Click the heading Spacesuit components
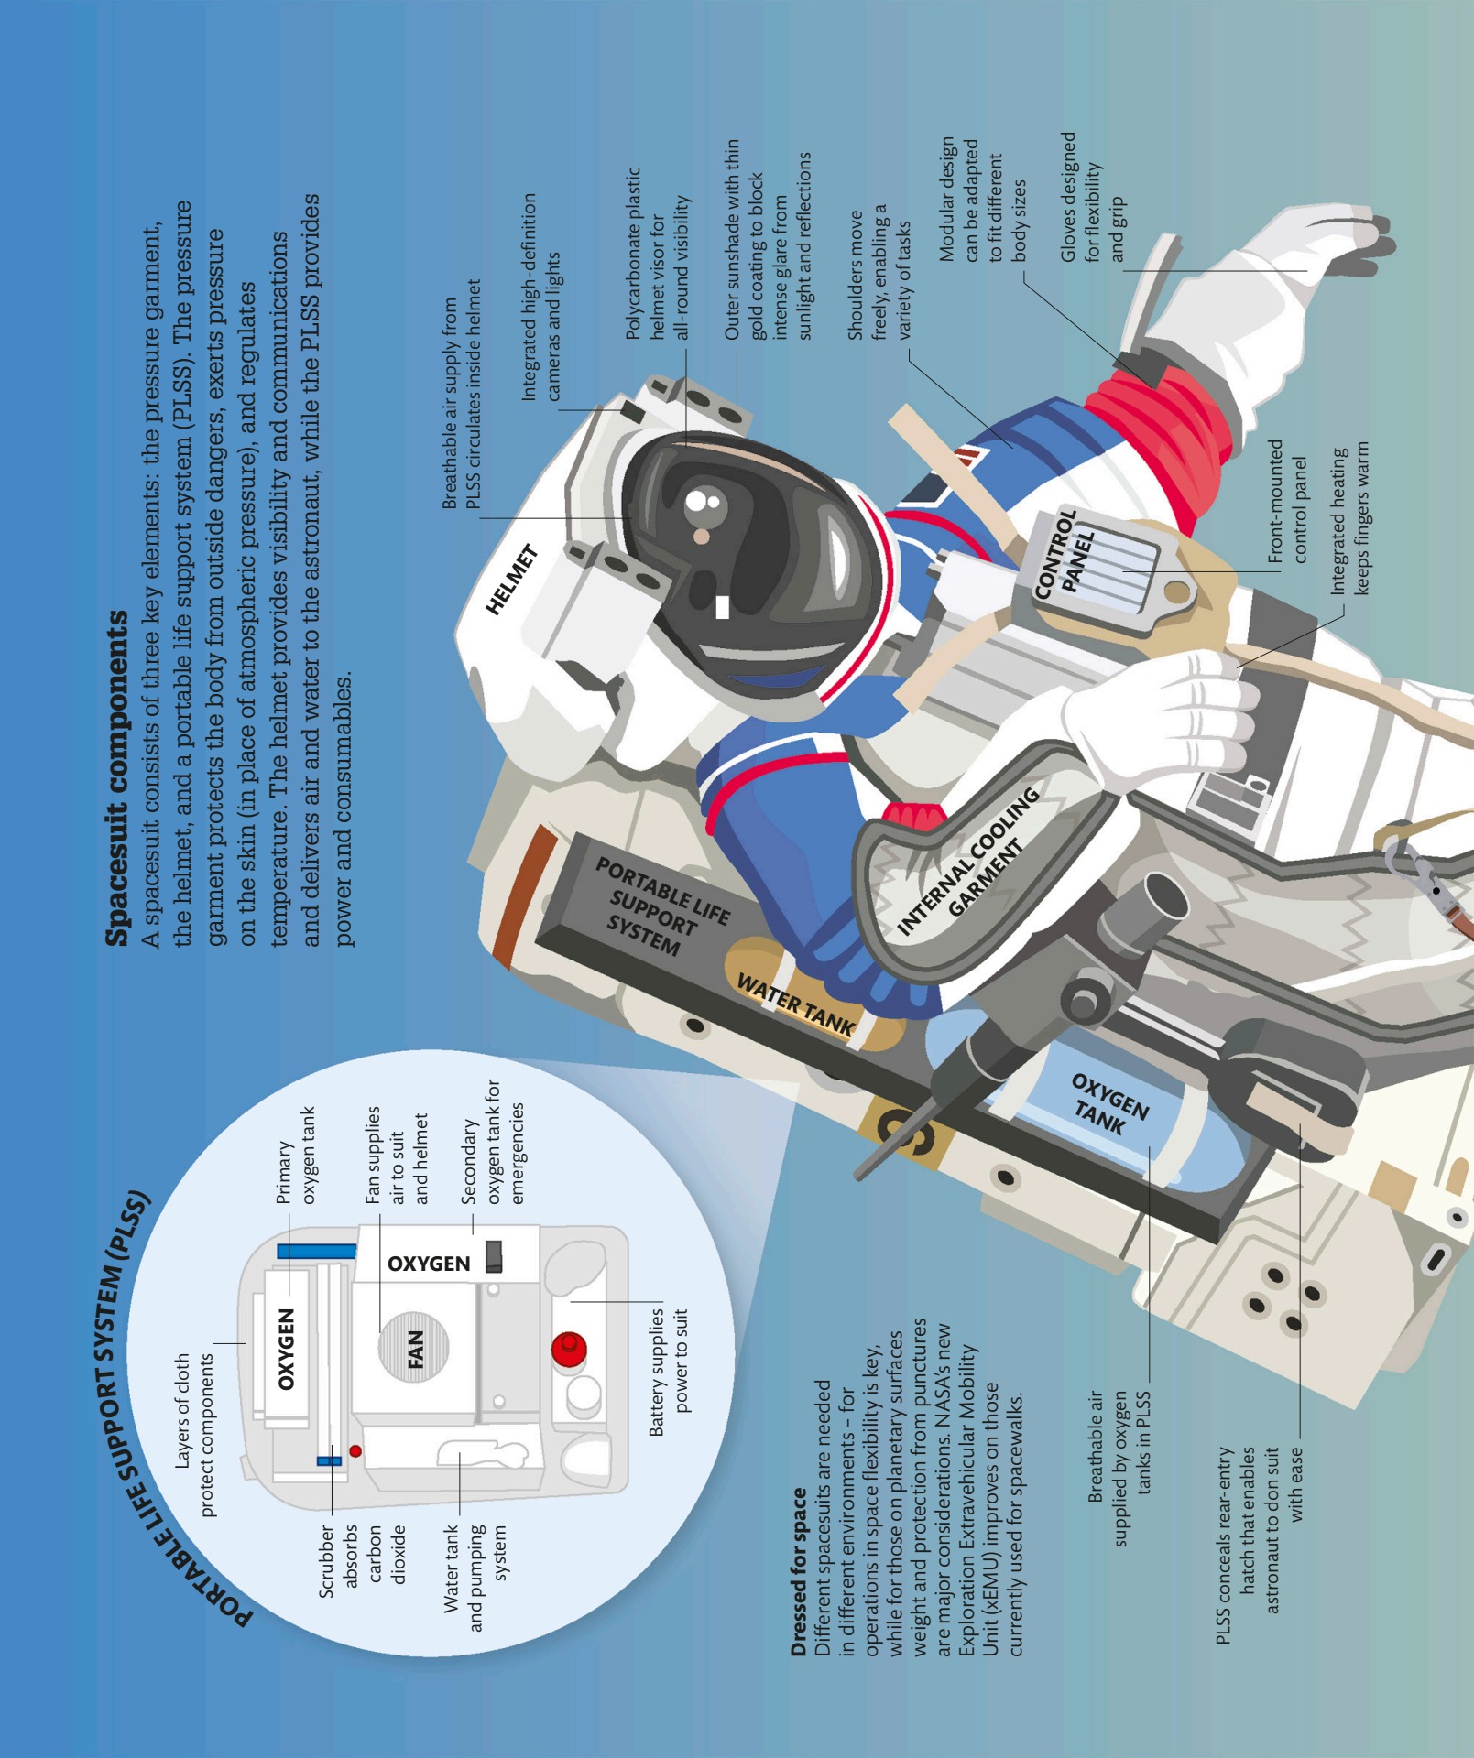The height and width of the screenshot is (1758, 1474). [x=117, y=778]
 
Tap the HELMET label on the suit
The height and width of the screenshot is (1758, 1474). [x=511, y=580]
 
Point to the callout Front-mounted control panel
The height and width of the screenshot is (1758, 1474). [x=1287, y=501]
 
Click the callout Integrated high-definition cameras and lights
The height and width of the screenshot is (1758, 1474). [x=540, y=297]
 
